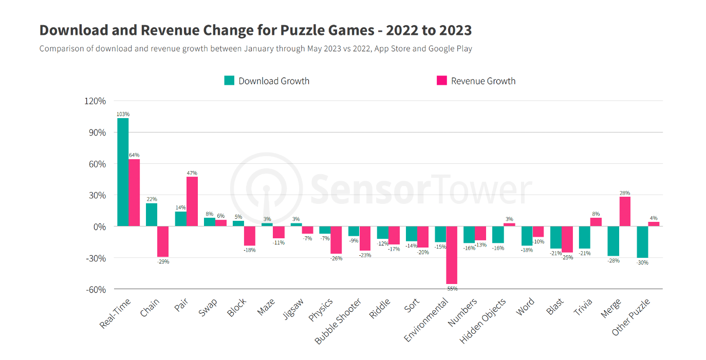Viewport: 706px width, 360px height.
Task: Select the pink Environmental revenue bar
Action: point(452,255)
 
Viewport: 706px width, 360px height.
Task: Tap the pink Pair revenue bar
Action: point(192,201)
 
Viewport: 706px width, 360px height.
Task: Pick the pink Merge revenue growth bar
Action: point(625,211)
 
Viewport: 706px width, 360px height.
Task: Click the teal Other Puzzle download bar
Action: point(642,242)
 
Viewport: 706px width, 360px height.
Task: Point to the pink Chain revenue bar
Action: point(163,241)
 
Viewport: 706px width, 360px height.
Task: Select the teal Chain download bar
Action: point(152,215)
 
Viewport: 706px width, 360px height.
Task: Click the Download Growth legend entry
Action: point(267,81)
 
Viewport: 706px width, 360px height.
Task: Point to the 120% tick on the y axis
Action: point(95,101)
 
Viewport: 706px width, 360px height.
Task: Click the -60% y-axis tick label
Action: point(95,289)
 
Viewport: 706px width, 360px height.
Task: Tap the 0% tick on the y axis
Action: point(99,226)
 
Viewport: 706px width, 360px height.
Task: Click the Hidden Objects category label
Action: point(483,321)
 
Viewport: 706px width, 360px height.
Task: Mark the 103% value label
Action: point(123,114)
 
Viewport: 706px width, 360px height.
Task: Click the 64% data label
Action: point(134,155)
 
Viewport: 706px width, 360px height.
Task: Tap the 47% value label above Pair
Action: point(192,173)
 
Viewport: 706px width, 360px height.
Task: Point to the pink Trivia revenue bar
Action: point(596,222)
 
